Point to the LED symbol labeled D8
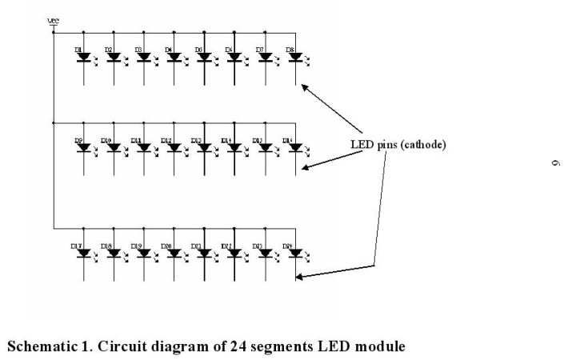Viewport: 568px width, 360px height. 294,58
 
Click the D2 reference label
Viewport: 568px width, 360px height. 107,50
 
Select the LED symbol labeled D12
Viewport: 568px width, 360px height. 174,148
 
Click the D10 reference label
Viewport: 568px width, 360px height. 106,141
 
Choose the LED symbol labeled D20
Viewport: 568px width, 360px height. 174,253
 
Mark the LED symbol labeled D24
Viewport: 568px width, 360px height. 294,253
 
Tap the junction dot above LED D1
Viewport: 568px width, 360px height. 84,33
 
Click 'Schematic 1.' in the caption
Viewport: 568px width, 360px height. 40,346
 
